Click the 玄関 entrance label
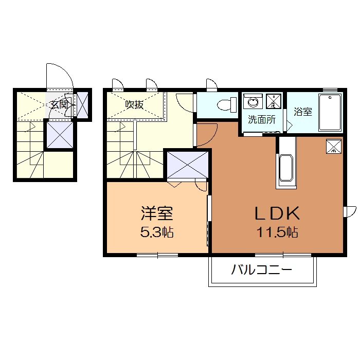(x=59, y=104)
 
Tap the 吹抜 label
(x=134, y=104)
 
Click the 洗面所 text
(x=262, y=120)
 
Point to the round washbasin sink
(x=253, y=102)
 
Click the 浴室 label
(x=303, y=112)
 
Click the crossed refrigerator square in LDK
(x=334, y=147)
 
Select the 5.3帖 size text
(x=157, y=232)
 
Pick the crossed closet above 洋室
(x=188, y=165)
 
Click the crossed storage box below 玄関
(x=59, y=134)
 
